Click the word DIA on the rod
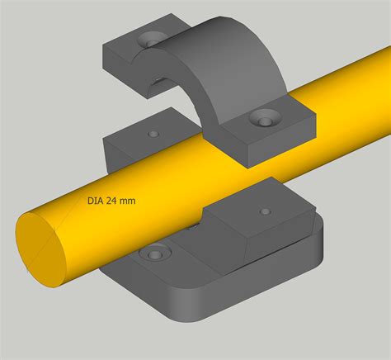pos(95,199)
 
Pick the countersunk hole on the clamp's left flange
pos(151,40)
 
